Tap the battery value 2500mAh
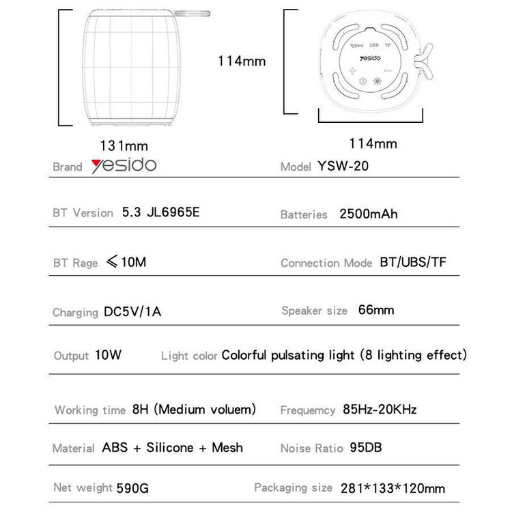point(368,214)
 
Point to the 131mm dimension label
point(124,145)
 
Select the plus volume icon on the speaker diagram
point(352,70)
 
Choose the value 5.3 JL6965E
point(160,212)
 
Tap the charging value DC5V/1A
point(133,312)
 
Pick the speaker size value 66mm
point(376,310)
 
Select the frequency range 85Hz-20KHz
point(380,410)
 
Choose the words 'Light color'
point(189,355)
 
